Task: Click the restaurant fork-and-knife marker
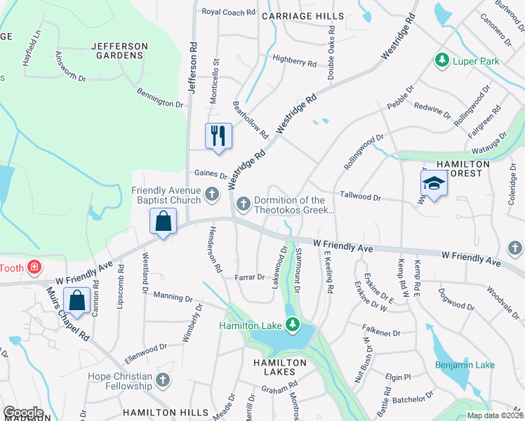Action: point(218,135)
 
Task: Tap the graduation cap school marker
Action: point(434,183)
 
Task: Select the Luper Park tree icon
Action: point(442,61)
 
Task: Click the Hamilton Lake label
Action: point(250,326)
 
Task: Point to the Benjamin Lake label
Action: point(465,365)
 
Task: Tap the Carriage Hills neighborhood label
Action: point(303,16)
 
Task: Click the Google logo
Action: point(23,413)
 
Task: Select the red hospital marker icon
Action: point(32,267)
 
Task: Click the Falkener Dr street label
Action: point(381,329)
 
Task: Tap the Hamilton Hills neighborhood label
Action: point(165,412)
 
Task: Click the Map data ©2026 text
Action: point(495,415)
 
